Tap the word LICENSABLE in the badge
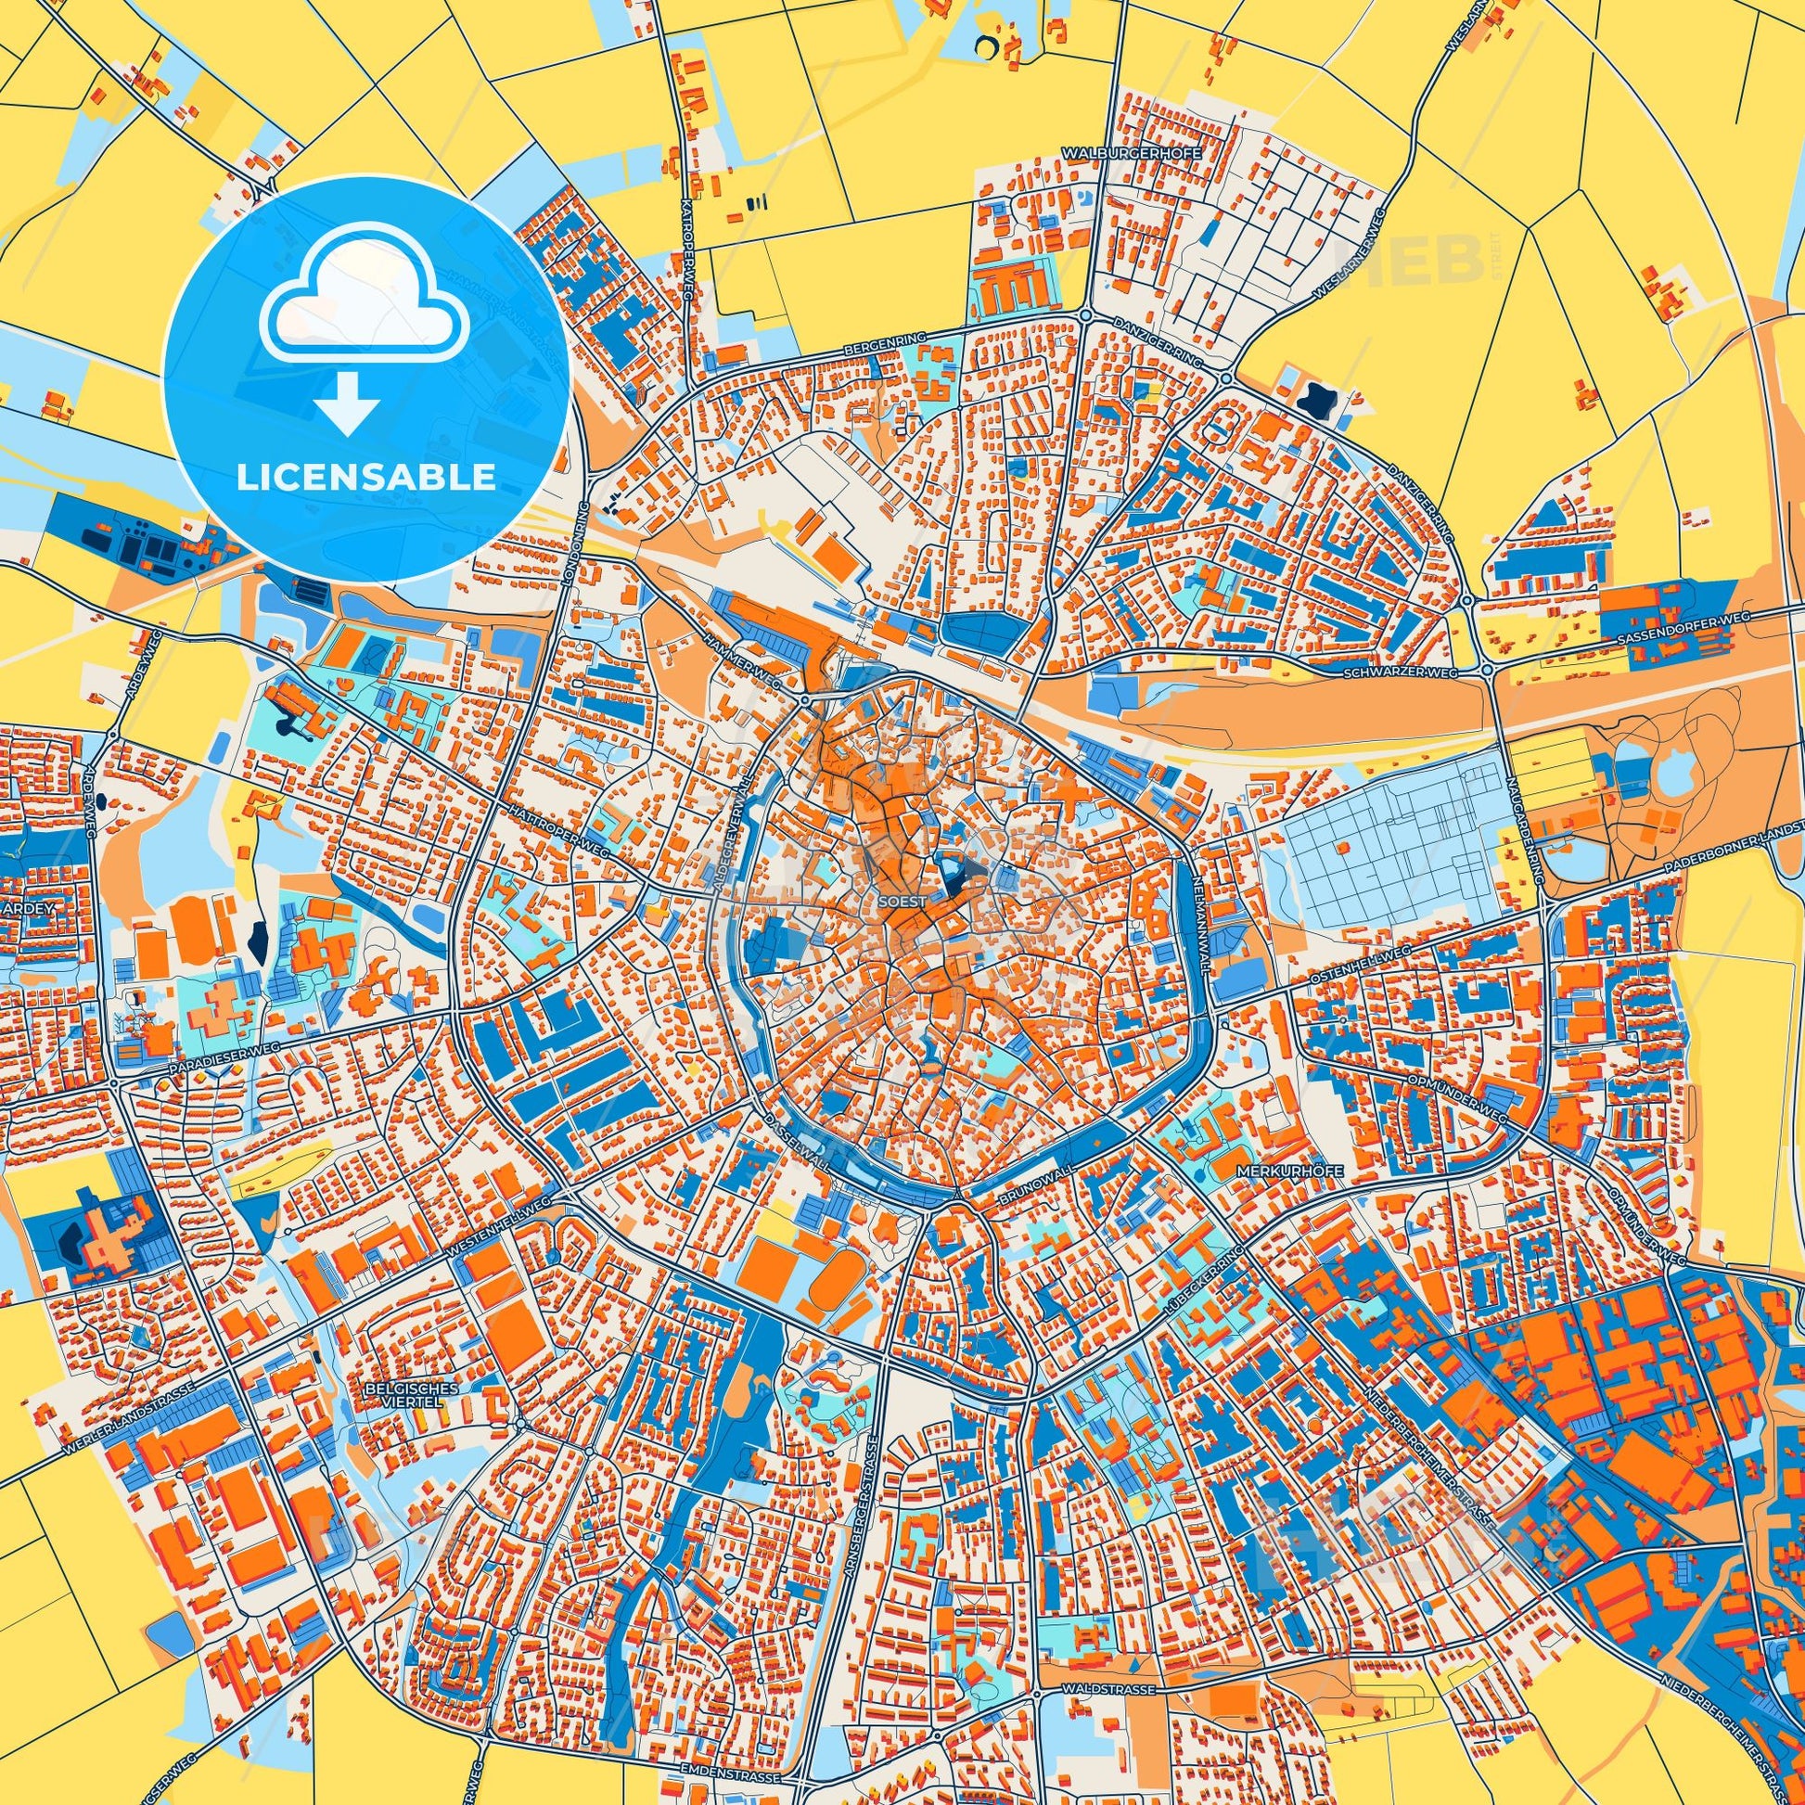(x=366, y=478)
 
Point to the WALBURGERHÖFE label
(x=1132, y=150)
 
